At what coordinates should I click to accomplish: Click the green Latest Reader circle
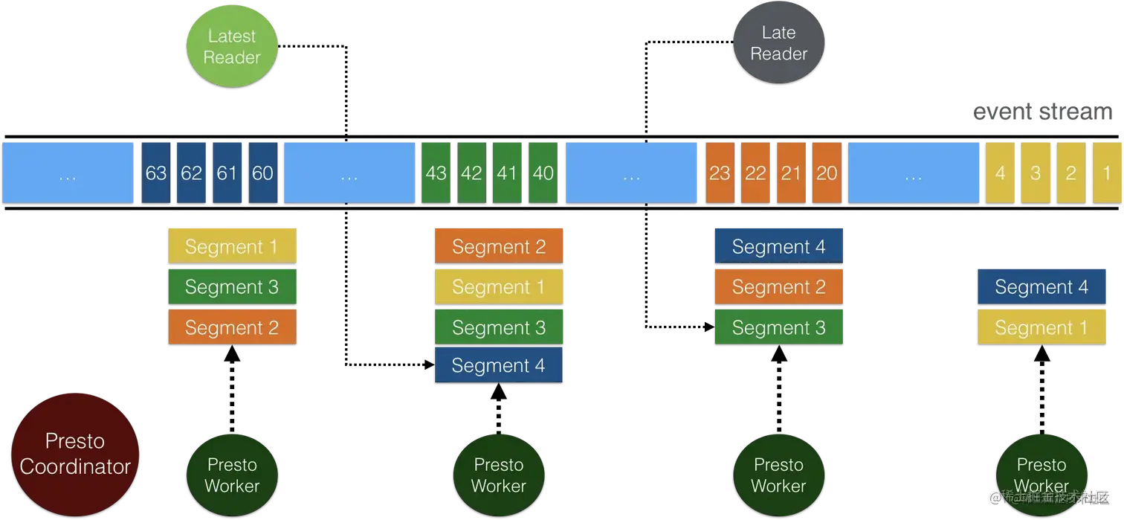232,47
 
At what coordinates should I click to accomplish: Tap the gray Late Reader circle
778,44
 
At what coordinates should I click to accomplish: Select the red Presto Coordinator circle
75,455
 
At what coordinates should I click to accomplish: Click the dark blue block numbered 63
156,173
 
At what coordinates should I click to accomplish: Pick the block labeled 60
262,173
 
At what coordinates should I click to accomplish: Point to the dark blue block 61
227,173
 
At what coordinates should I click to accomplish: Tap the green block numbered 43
436,173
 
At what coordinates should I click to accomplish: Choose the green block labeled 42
471,173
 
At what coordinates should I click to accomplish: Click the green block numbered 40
543,173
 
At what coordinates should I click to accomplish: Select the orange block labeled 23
720,173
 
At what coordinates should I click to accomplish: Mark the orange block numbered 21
791,173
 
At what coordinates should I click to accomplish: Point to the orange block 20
827,173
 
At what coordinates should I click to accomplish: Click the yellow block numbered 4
1000,173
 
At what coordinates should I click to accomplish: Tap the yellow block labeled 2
1071,173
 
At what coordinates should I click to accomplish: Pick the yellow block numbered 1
1107,173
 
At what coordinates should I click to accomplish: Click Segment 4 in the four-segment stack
498,365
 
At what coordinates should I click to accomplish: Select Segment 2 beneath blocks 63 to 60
232,327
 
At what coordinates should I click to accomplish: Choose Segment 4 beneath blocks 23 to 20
778,247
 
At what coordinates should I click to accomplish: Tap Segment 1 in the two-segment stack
1041,327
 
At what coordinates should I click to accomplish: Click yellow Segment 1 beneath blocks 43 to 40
498,287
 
